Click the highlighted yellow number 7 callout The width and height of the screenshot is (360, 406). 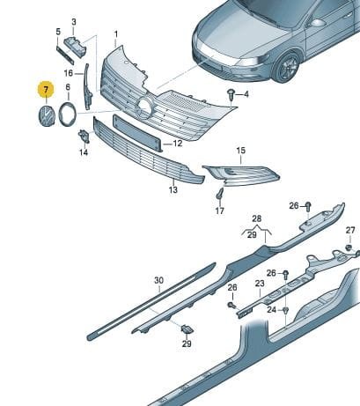point(46,90)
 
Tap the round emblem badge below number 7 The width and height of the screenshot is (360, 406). point(46,116)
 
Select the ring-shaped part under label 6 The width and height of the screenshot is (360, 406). point(68,114)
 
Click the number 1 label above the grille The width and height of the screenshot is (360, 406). point(116,34)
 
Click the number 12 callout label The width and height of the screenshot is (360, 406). point(178,144)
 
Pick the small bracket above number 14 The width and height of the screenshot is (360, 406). point(84,137)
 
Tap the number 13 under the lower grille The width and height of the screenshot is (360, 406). point(173,189)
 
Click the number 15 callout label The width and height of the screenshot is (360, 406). point(240,151)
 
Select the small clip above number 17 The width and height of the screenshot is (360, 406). point(220,194)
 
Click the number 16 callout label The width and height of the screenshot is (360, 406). point(69,73)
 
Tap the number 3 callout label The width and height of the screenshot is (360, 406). point(74,22)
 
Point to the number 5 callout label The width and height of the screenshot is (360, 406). point(58,32)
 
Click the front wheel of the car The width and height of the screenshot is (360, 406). point(287,67)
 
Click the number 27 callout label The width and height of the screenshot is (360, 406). point(350,230)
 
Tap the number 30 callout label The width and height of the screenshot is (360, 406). point(158,280)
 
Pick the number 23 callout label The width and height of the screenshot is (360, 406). point(260,284)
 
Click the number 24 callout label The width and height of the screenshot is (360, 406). point(272,309)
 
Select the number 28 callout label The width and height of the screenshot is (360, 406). point(257,218)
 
